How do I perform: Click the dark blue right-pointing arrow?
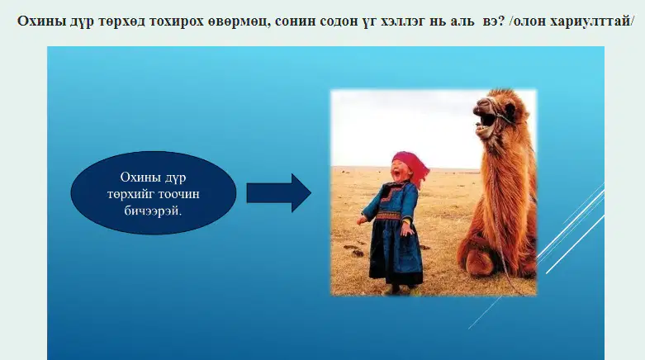point(278,193)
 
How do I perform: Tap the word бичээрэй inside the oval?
point(153,211)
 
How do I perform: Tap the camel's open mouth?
point(486,121)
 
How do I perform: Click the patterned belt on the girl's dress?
point(389,216)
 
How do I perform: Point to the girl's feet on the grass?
point(398,290)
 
